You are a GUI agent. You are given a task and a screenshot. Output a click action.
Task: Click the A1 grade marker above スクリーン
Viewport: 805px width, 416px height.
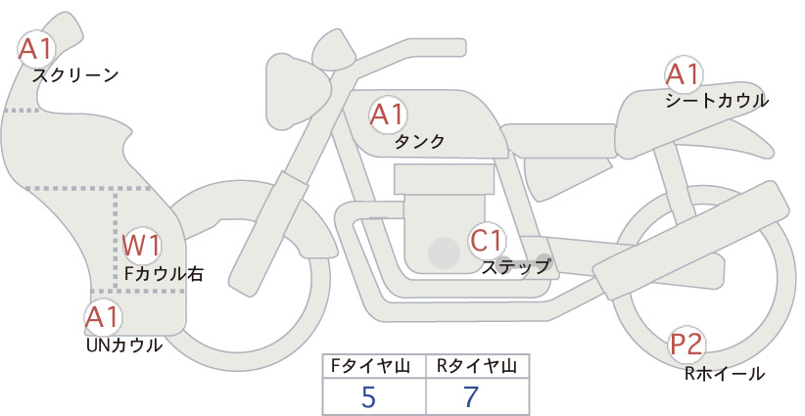35,49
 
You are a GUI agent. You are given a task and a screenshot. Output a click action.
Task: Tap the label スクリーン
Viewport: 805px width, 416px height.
75,76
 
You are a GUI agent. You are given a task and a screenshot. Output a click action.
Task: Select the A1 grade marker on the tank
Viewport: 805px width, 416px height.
388,115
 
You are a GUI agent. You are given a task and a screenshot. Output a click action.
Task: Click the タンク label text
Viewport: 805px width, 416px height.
419,142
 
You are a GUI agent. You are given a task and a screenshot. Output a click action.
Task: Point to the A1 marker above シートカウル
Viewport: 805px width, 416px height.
683,73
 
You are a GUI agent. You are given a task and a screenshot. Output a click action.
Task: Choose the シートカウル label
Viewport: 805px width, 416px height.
717,101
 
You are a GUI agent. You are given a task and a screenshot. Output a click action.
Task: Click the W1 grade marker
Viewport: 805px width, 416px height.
142,245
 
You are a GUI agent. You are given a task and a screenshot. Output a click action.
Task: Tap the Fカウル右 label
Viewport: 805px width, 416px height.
164,274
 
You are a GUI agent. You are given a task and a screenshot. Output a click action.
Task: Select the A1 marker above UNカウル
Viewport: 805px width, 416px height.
103,317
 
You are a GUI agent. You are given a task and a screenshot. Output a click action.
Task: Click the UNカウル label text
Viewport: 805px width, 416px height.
124,346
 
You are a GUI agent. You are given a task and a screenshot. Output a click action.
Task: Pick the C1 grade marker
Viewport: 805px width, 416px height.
486,240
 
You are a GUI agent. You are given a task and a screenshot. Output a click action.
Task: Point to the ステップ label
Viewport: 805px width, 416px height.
515,267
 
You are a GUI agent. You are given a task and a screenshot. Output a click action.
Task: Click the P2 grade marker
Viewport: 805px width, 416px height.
686,345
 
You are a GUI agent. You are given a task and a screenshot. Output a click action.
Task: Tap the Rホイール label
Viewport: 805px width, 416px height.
725,374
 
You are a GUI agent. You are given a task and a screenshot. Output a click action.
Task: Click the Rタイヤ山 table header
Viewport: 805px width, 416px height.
477,366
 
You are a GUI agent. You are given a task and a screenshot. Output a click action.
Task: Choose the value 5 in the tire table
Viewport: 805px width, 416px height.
368,396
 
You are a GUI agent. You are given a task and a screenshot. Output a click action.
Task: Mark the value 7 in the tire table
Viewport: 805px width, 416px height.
471,396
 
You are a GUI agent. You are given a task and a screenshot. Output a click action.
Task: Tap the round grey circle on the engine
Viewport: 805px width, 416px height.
444,253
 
